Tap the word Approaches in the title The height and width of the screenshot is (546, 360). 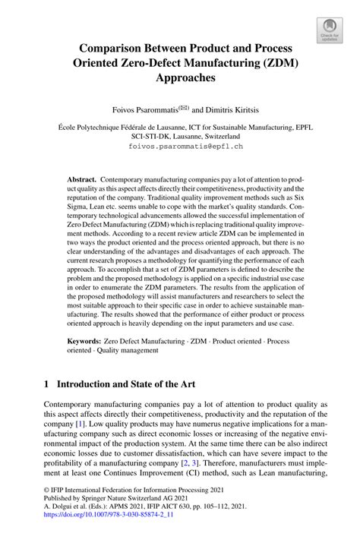(x=180, y=77)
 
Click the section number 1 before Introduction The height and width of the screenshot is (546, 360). (x=47, y=384)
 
